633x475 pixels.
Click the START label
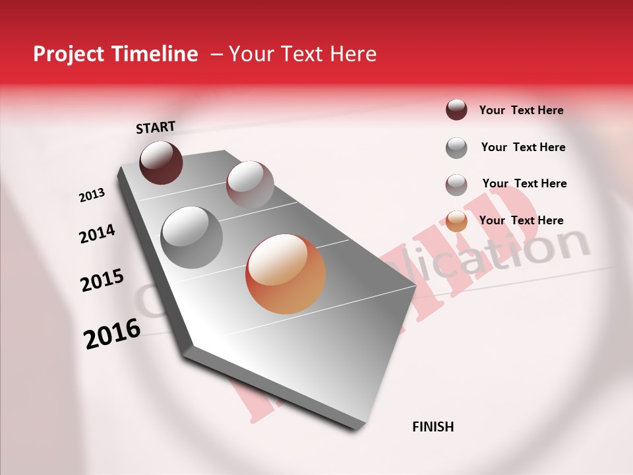(x=156, y=127)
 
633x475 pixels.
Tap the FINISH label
(x=433, y=427)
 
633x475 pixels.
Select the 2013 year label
(x=92, y=195)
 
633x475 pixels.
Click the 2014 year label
(x=97, y=234)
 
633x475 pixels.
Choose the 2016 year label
(x=112, y=334)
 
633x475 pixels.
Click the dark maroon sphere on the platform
(x=161, y=162)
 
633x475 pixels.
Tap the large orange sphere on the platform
(x=286, y=274)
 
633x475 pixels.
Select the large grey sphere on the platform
(x=191, y=237)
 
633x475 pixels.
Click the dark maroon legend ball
(x=456, y=110)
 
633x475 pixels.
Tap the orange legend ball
(x=456, y=220)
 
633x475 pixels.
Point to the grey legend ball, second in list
(x=456, y=147)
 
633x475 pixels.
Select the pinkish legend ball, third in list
(x=456, y=184)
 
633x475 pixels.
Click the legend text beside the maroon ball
(x=521, y=110)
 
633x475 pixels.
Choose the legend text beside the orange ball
(x=521, y=220)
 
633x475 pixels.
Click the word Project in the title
(x=68, y=54)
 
